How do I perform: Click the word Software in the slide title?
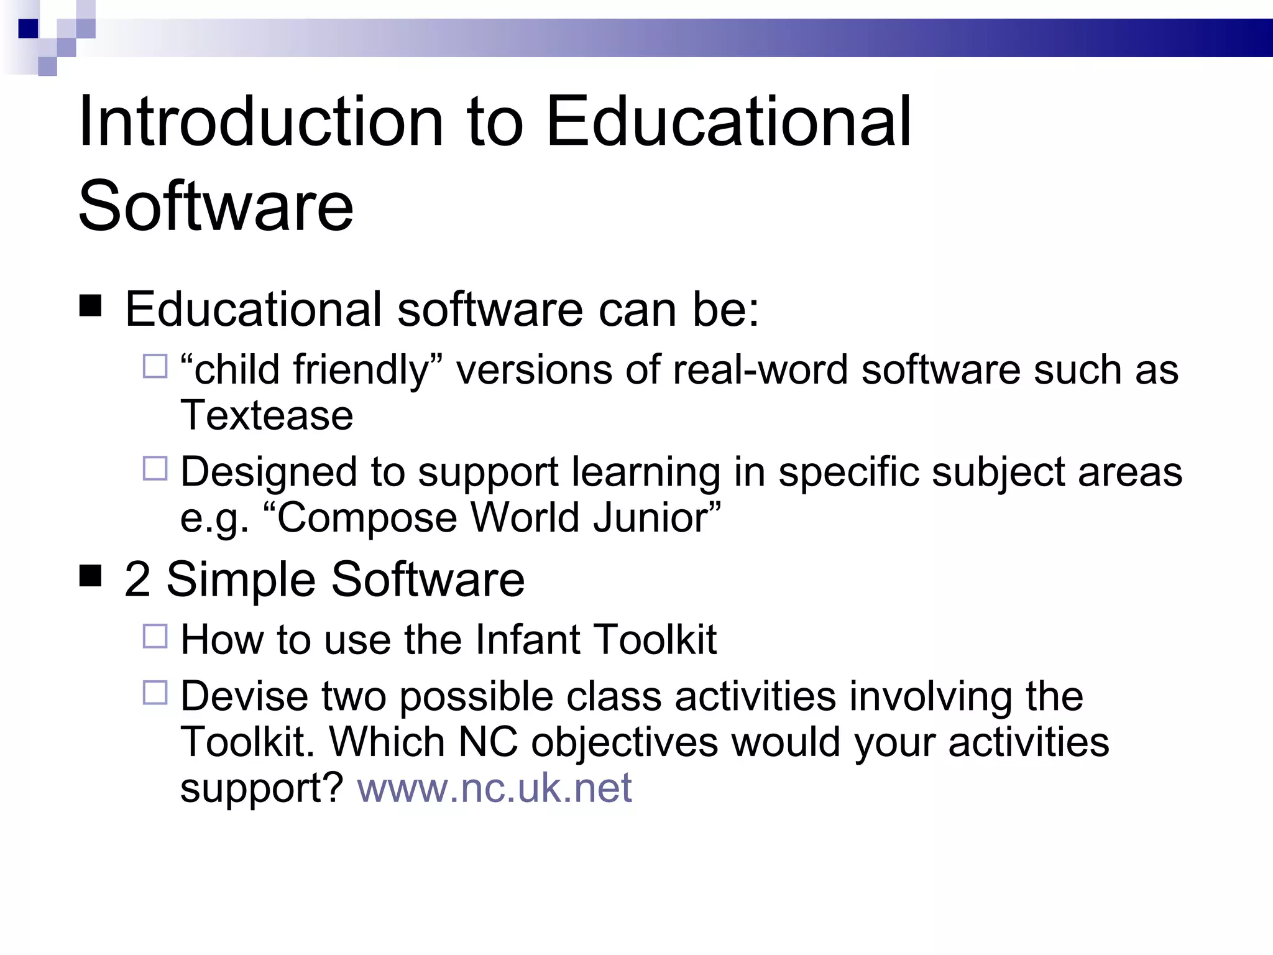tap(216, 206)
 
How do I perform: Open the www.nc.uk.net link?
tap(494, 788)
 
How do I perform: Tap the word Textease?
tap(267, 415)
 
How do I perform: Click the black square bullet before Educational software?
tap(91, 306)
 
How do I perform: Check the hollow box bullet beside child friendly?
tap(155, 366)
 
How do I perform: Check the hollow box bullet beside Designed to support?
tap(155, 468)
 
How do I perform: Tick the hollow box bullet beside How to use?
tap(155, 636)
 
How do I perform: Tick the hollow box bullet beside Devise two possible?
tap(155, 692)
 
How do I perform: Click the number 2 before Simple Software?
tap(137, 579)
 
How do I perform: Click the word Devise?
tap(244, 696)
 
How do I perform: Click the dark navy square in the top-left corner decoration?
tap(28, 29)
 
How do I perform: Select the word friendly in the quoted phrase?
tap(362, 370)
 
